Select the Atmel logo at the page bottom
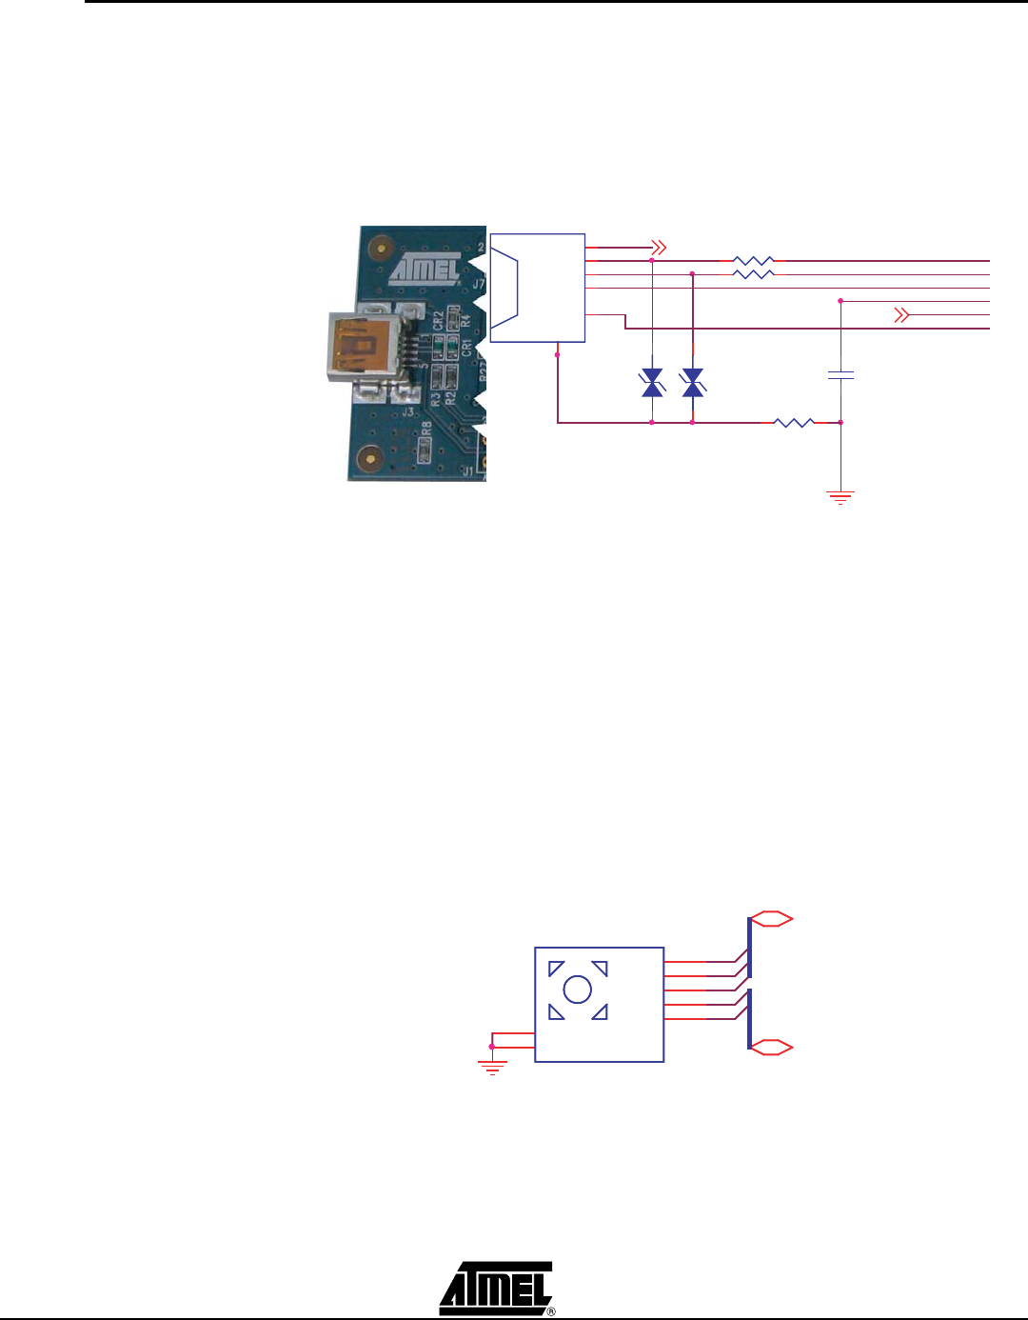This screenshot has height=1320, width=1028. [x=496, y=1288]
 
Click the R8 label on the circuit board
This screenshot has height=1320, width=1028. [x=427, y=429]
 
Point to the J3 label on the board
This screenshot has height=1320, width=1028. [x=407, y=411]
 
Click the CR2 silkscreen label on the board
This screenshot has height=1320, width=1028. [x=438, y=319]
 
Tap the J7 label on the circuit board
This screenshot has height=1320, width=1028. [x=479, y=283]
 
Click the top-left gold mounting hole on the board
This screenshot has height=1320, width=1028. [x=379, y=249]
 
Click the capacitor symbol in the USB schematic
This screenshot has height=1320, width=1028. [x=840, y=375]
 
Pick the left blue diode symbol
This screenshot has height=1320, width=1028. [x=652, y=384]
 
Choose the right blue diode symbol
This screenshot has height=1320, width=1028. [x=693, y=384]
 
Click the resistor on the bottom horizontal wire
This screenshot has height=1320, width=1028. [x=793, y=421]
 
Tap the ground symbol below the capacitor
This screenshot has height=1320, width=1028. [x=840, y=496]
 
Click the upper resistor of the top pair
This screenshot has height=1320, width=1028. [x=753, y=260]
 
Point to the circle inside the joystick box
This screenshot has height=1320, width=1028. [x=578, y=990]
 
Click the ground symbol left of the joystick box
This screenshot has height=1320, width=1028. [x=491, y=1066]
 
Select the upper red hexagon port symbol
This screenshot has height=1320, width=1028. [x=771, y=918]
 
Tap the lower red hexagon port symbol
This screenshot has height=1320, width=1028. [x=771, y=1047]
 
